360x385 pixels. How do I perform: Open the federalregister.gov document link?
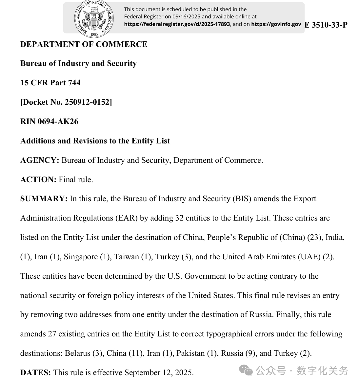(x=177, y=24)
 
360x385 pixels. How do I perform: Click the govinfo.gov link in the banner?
(x=276, y=24)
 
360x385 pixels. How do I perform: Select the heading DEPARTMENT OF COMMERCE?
(x=84, y=44)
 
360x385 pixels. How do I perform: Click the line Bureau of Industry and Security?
(x=78, y=63)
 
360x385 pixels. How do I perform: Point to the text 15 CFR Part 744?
(x=50, y=83)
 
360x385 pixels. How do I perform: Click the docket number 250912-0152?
(x=87, y=102)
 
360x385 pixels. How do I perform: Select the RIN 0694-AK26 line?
(x=49, y=121)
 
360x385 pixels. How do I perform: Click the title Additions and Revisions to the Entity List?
(x=95, y=141)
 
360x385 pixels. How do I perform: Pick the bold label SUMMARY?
(x=44, y=199)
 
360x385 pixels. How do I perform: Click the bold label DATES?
(x=35, y=373)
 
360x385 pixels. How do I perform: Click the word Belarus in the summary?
(x=77, y=353)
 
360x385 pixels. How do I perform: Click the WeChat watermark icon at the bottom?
(x=246, y=371)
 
